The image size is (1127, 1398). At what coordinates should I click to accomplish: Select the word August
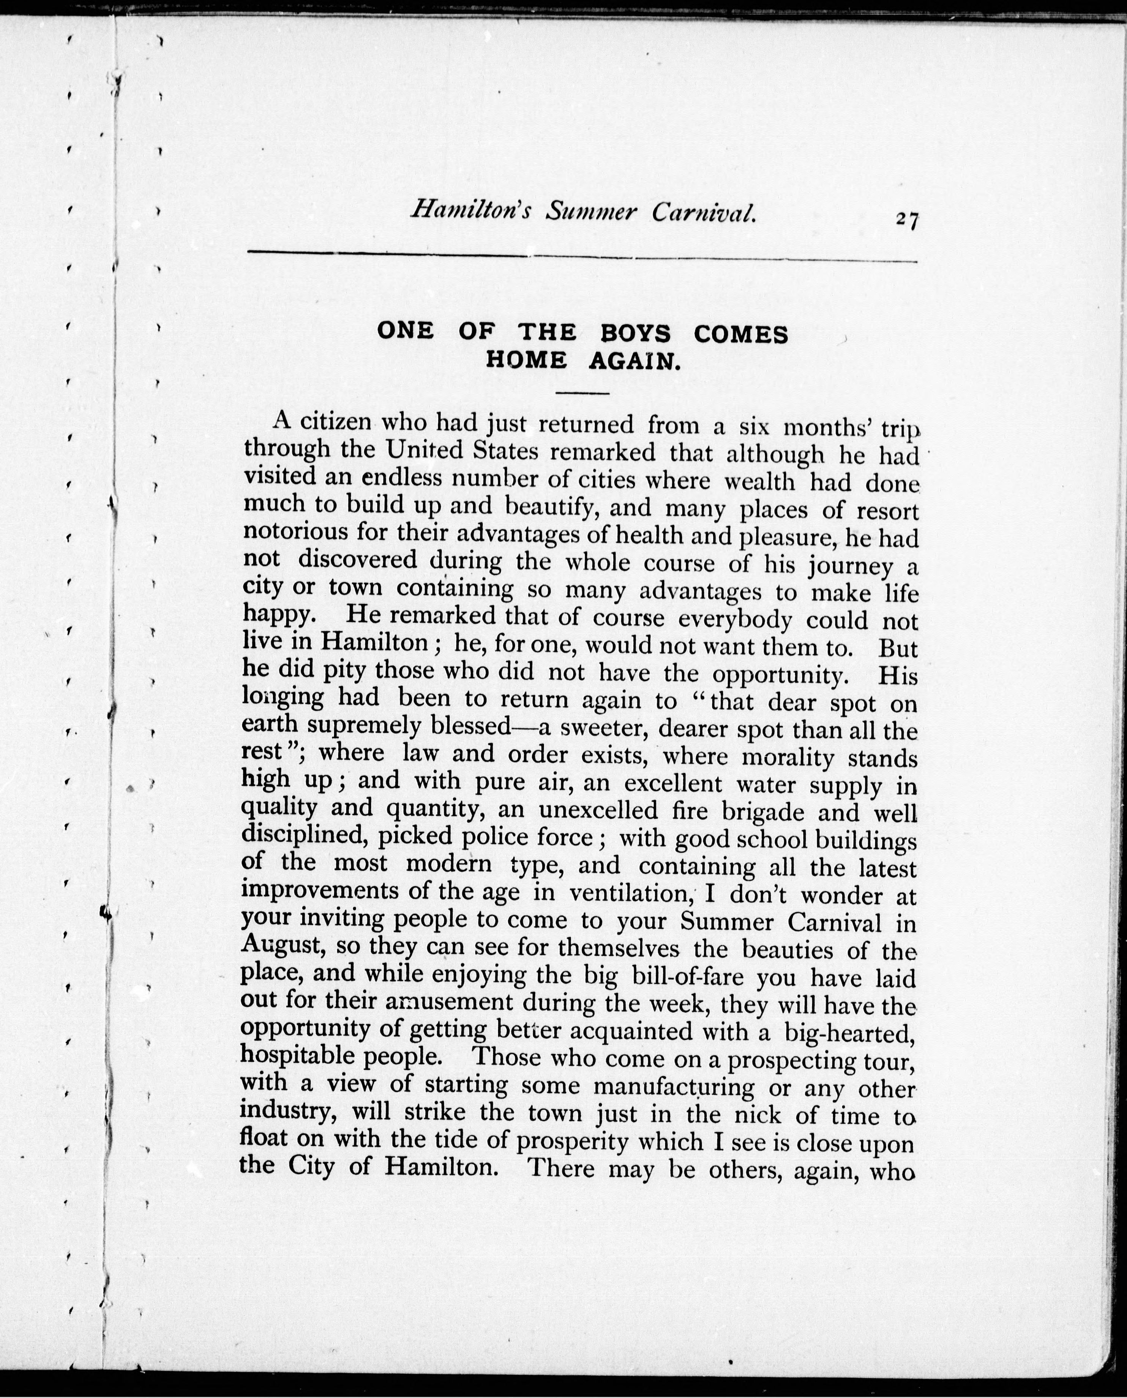283,946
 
